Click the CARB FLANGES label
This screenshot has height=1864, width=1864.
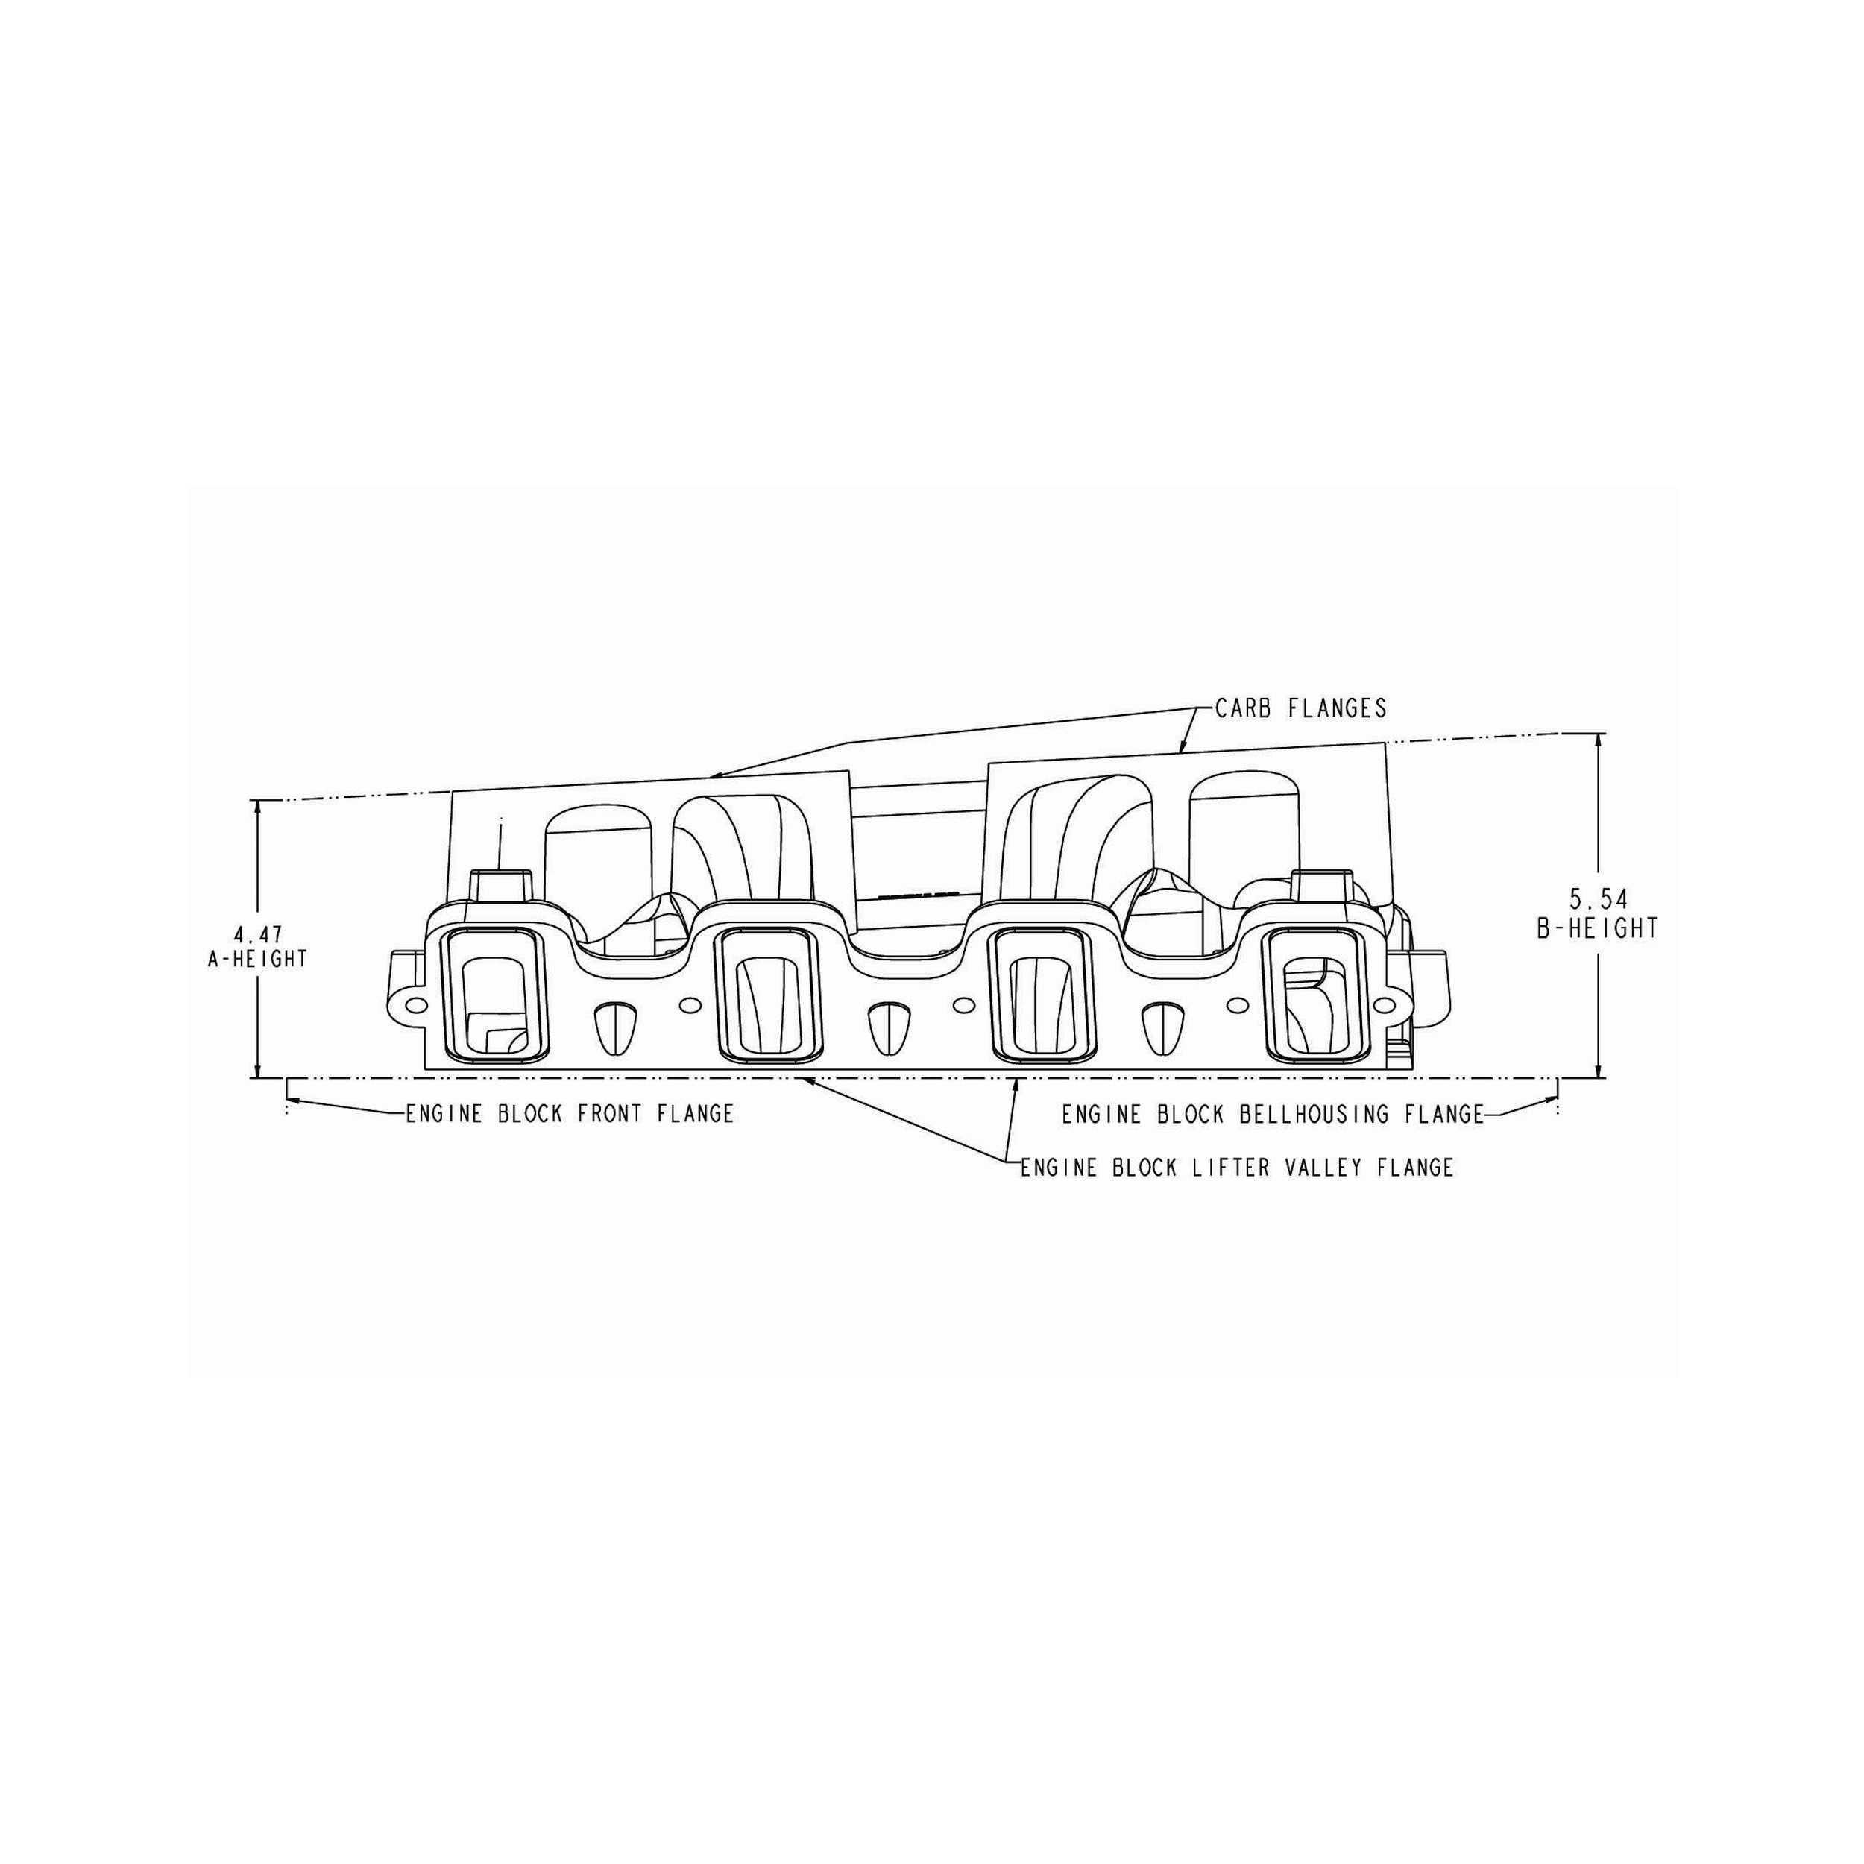tap(1300, 708)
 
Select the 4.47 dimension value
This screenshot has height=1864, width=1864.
tap(257, 935)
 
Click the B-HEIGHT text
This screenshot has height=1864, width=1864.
tap(1598, 928)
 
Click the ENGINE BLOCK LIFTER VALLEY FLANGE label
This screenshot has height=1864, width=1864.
tap(1237, 1168)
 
